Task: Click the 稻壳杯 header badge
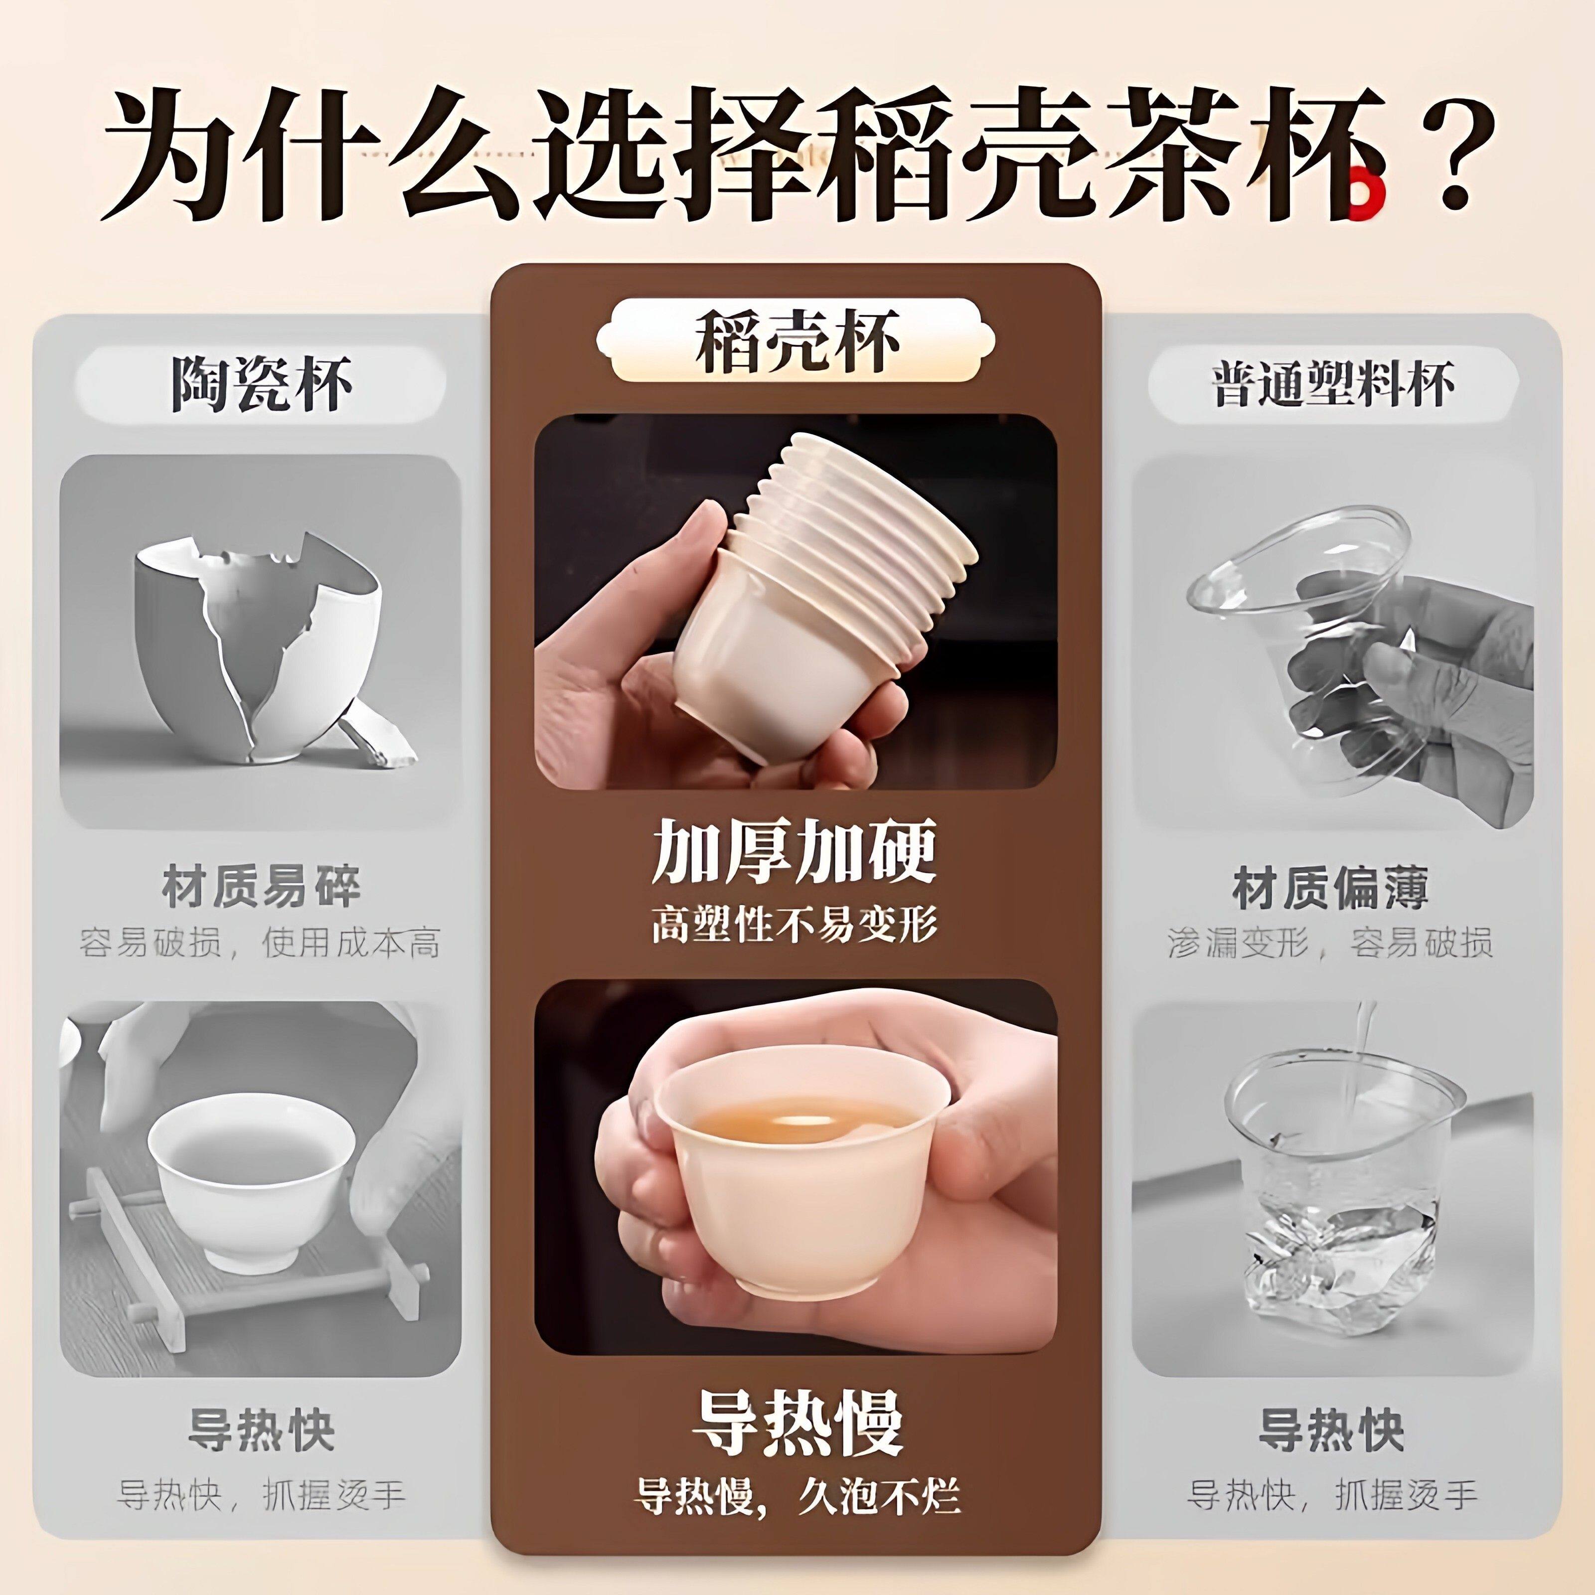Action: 796,340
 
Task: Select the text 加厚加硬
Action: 794,852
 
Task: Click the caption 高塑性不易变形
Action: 794,923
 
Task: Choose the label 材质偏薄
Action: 1331,888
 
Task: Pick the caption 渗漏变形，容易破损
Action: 1331,943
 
